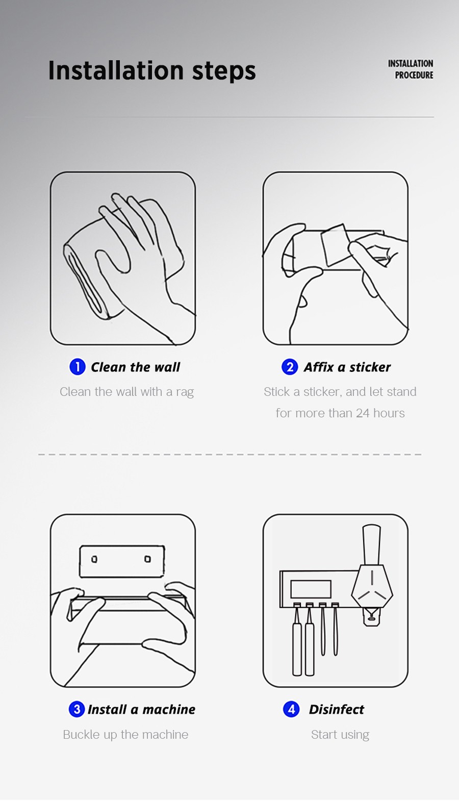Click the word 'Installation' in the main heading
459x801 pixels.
point(116,70)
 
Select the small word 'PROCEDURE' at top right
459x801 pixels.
point(414,75)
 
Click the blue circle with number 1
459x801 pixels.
point(77,366)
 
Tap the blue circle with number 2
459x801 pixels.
point(290,367)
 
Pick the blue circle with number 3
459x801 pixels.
point(76,709)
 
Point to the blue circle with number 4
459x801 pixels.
point(291,709)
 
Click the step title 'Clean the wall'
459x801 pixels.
point(136,367)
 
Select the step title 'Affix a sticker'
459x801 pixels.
point(347,367)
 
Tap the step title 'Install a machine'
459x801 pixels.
point(142,710)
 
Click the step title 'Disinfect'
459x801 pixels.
point(337,710)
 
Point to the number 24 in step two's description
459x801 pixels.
point(363,413)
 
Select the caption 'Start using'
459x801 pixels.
point(340,735)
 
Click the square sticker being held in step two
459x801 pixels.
point(336,245)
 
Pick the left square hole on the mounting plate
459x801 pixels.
point(94,559)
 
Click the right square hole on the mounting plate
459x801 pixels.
point(147,559)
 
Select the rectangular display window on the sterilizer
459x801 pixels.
point(311,589)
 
